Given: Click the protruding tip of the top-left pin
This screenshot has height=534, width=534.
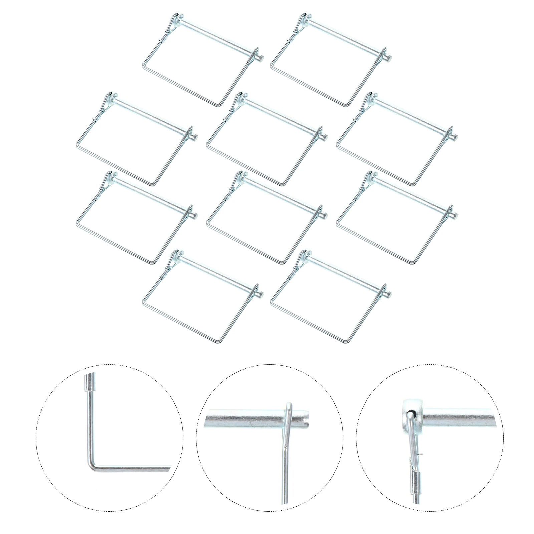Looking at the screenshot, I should point(262,58).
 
